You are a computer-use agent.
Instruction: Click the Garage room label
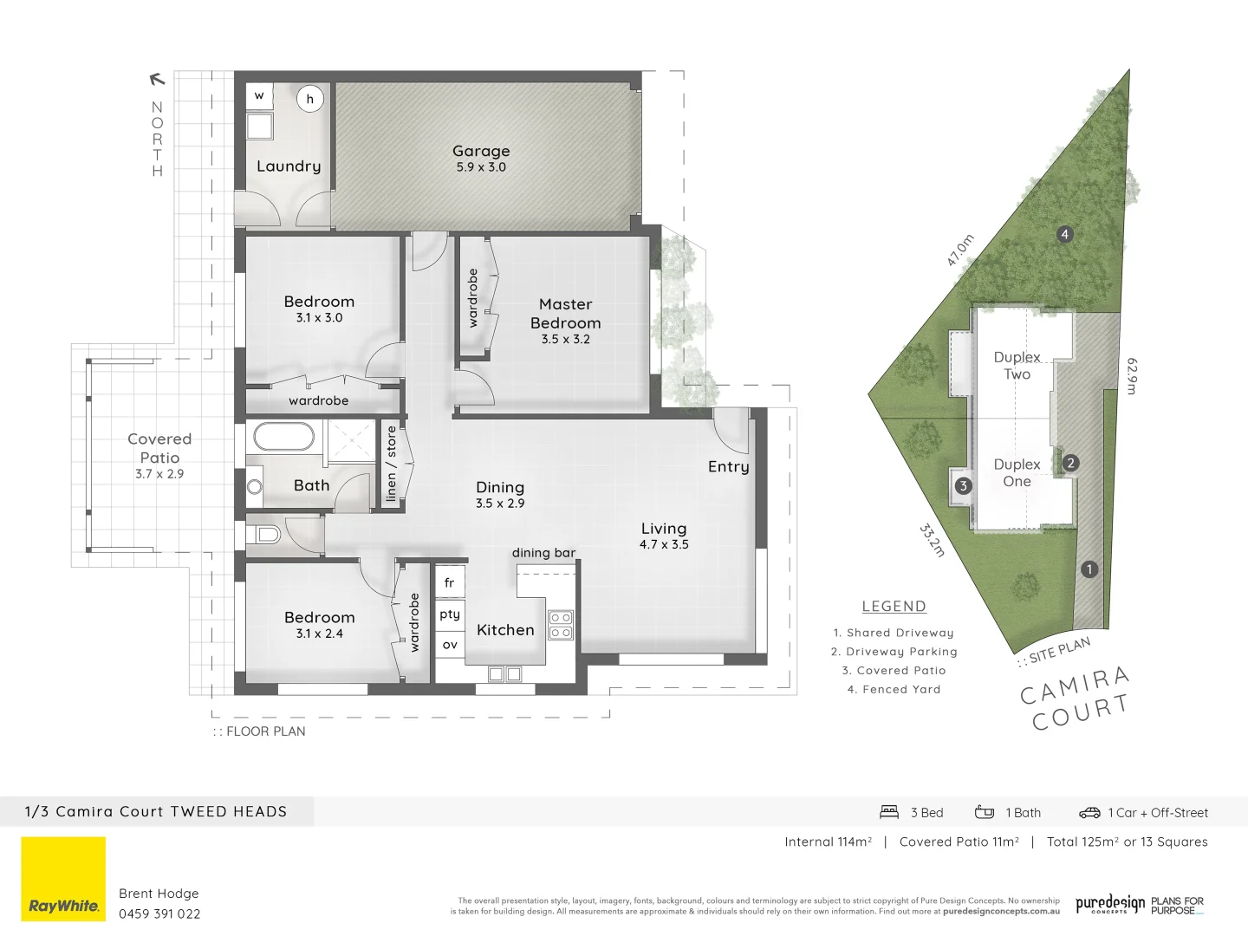click(481, 151)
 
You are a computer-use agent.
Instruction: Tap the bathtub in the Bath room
click(283, 437)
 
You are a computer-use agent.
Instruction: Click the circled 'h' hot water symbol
click(309, 99)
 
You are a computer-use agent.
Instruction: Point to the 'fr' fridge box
click(449, 582)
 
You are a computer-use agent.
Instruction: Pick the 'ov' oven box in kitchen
click(449, 645)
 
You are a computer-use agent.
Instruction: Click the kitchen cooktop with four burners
click(561, 625)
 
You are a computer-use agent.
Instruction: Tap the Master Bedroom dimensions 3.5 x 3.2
click(565, 340)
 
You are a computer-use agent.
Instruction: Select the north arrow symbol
click(157, 80)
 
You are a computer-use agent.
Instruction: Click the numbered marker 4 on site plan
click(1064, 234)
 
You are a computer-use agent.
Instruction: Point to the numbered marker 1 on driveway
click(1089, 569)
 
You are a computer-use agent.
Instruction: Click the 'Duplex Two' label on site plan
click(1017, 366)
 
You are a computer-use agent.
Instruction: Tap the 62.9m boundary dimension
click(1131, 375)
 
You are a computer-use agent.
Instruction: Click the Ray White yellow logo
click(63, 879)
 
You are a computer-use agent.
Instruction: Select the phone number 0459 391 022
click(159, 913)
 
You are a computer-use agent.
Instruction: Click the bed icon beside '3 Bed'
click(889, 812)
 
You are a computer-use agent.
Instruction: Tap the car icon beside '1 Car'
click(1089, 813)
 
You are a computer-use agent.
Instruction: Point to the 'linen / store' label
click(391, 464)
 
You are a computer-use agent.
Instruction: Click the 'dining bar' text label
click(543, 553)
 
